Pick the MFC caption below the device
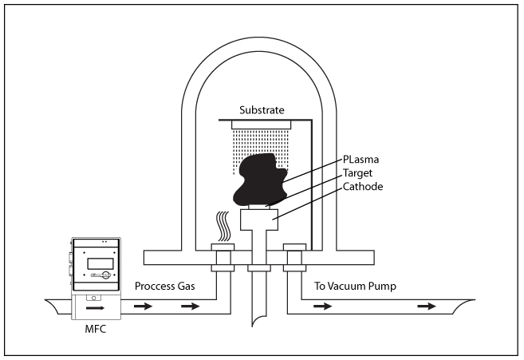(95, 326)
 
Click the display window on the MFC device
(95, 263)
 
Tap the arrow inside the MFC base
(96, 305)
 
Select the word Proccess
(154, 286)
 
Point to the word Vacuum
(357, 286)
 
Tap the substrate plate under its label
(262, 124)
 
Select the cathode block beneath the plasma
(260, 219)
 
